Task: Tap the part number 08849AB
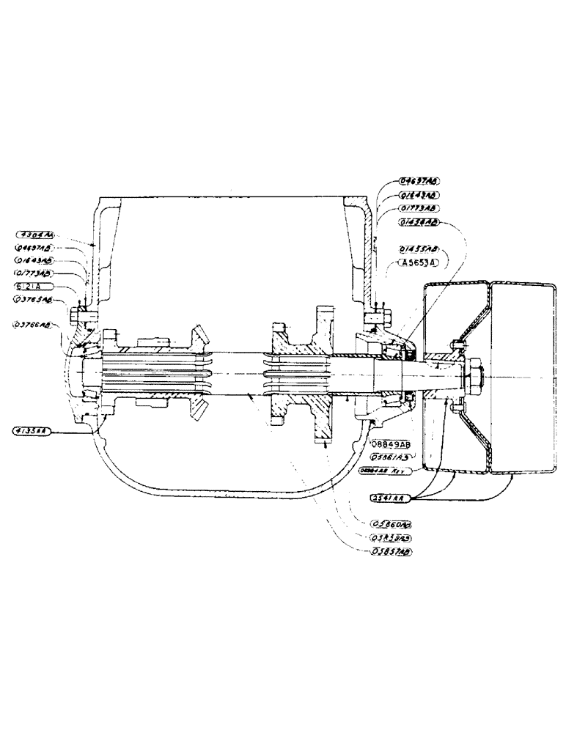pyautogui.click(x=391, y=444)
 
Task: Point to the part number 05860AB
pyautogui.click(x=391, y=523)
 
